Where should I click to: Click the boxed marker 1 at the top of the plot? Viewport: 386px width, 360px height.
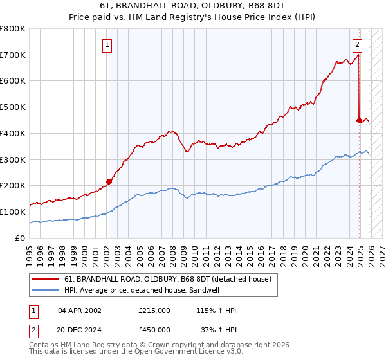click(x=107, y=44)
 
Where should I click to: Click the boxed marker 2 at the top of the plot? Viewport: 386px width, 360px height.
click(x=357, y=44)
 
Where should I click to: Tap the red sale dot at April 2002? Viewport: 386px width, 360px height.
click(x=109, y=181)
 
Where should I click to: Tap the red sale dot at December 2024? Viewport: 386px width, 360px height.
click(x=359, y=120)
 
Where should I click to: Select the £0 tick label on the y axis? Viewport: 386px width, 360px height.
click(x=19, y=238)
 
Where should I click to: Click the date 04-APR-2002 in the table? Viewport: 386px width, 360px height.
click(x=79, y=310)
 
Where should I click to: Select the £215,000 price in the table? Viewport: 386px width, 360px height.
click(x=154, y=310)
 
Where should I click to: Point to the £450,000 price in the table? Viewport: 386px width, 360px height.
click(x=154, y=330)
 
